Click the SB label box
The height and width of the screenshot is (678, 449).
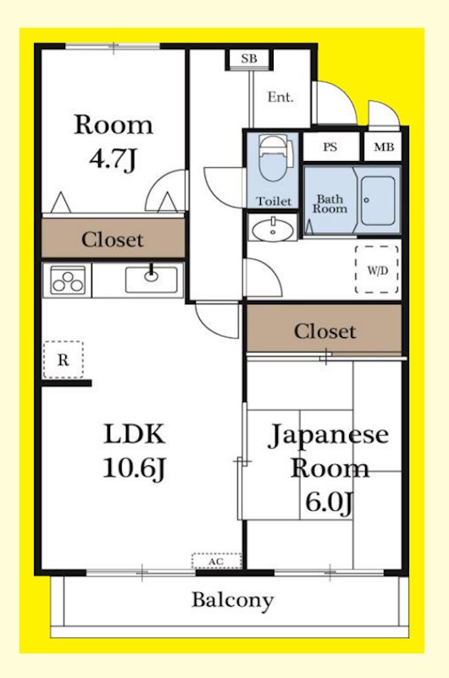tap(249, 58)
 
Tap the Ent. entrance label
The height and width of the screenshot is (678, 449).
tap(280, 97)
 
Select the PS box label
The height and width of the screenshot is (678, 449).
tap(330, 147)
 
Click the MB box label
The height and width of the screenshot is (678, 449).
tap(384, 147)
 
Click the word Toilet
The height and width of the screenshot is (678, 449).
tap(273, 201)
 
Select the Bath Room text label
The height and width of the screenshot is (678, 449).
tap(331, 203)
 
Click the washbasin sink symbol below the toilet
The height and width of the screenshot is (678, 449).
tap(273, 228)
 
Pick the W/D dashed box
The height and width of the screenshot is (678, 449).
tap(376, 270)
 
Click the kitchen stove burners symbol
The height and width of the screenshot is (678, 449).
tap(68, 279)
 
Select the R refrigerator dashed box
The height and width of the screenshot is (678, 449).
tap(63, 359)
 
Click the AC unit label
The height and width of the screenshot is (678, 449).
tap(216, 561)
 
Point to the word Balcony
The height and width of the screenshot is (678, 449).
tap(232, 601)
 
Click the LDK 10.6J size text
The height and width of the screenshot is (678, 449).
tap(133, 467)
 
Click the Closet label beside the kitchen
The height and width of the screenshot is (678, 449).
tap(113, 240)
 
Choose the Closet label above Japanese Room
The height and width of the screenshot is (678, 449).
tap(324, 331)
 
